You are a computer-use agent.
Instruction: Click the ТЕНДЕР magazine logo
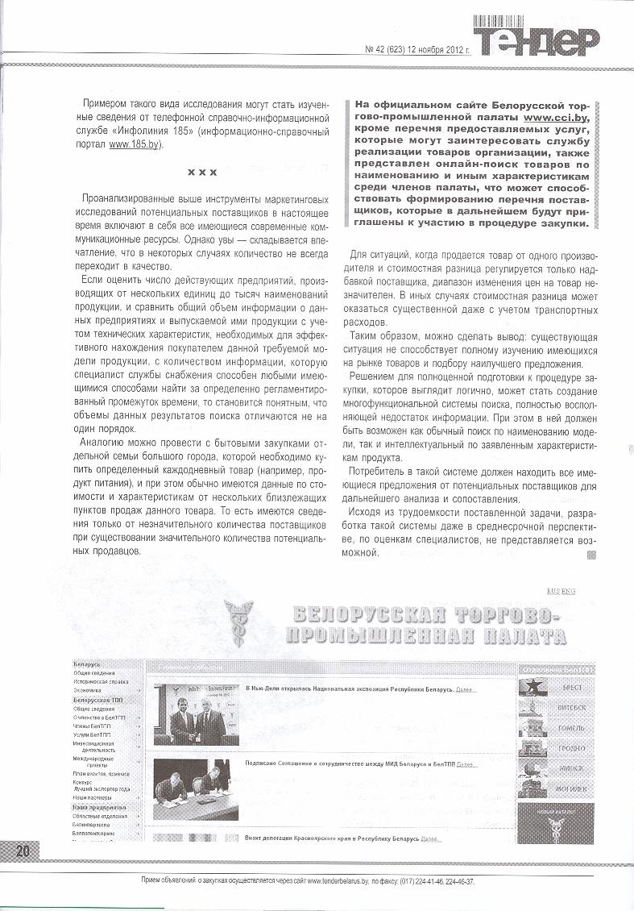tap(535, 38)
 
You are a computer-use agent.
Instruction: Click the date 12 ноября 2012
tap(433, 48)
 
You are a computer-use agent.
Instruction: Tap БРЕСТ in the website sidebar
tap(573, 688)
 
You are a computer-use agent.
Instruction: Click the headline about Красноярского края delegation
tap(332, 838)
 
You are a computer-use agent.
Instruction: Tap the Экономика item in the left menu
tap(88, 691)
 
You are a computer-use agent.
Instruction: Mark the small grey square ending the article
tap(593, 554)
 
